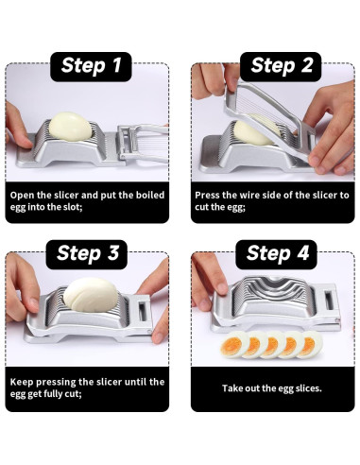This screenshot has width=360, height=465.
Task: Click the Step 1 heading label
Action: coord(91,66)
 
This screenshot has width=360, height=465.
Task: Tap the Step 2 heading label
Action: coord(281,66)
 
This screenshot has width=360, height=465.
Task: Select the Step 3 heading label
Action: coord(87,254)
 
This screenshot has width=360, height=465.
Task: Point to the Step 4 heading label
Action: coord(277,254)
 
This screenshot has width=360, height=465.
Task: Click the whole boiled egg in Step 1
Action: coord(70,127)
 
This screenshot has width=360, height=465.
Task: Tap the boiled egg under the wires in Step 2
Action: coord(253,131)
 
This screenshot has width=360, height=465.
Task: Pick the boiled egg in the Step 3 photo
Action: coord(91,294)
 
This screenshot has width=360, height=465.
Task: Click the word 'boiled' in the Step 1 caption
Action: coord(150,195)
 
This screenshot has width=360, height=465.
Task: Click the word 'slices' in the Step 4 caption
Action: coord(308,388)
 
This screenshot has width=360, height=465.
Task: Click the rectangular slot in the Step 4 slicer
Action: coord(329,301)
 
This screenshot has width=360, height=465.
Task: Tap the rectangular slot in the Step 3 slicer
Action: coord(143,312)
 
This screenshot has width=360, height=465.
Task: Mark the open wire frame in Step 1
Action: coord(143,144)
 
